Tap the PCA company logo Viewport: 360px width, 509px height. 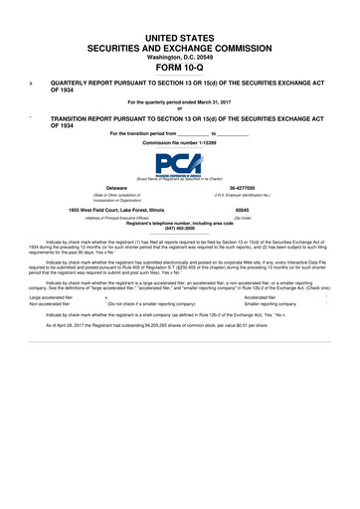pyautogui.click(x=179, y=164)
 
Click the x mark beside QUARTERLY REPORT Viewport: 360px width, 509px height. pyautogui.click(x=32, y=85)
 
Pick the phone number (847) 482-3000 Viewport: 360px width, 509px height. pyautogui.click(x=179, y=228)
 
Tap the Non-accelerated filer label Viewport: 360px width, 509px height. pyautogui.click(x=50, y=303)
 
